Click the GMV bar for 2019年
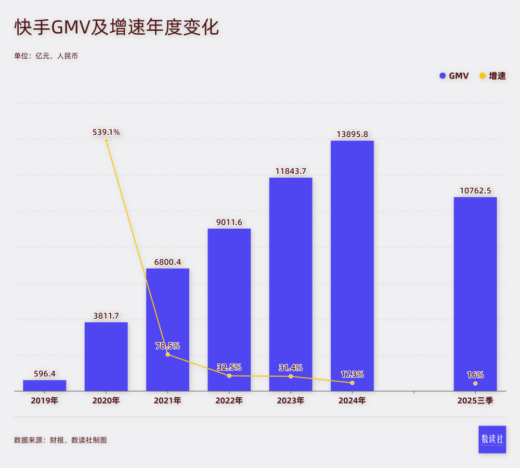44,385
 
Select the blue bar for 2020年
106,356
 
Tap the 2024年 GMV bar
352,265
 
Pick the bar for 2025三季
475,294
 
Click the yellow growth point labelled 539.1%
106,141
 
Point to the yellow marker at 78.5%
168,354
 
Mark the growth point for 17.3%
352,383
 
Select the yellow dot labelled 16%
475,383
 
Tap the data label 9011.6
229,222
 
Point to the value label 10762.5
475,191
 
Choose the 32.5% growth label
229,367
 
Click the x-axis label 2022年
229,401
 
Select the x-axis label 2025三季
475,401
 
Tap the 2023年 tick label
290,401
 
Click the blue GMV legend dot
442,76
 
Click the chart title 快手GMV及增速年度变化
117,28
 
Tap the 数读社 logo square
492,439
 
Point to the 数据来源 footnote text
60,440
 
